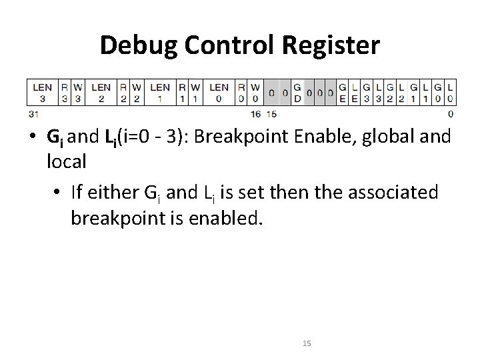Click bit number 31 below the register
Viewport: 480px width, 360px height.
(x=33, y=114)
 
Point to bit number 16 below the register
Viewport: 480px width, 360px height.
(x=255, y=114)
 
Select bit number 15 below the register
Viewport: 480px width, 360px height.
(x=271, y=114)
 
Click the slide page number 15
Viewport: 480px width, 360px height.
(x=307, y=343)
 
